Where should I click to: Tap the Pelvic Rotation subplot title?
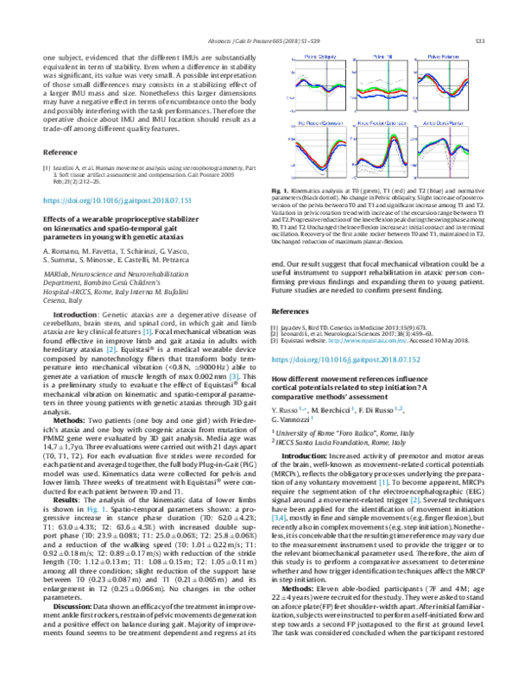pyautogui.click(x=453, y=56)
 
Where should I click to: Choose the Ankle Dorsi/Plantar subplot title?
pyautogui.click(x=453, y=125)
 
